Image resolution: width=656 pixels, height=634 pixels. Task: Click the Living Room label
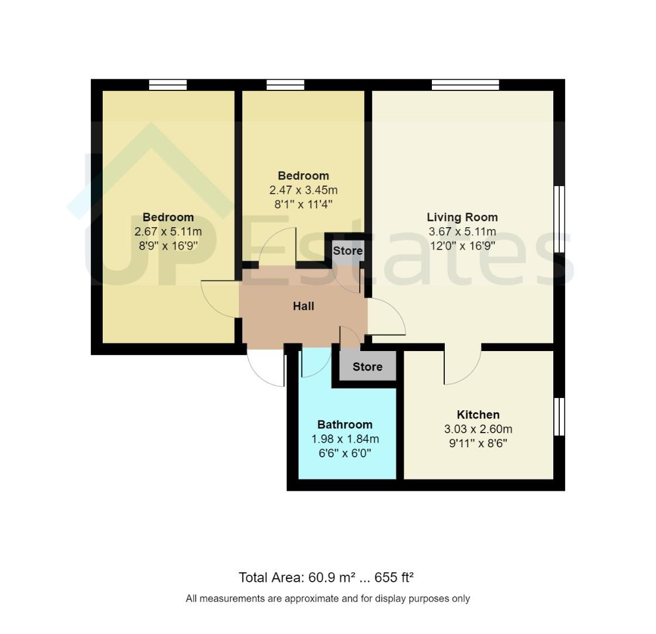point(462,217)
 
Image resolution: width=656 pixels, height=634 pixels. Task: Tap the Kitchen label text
point(478,415)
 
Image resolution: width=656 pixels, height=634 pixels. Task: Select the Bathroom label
point(344,424)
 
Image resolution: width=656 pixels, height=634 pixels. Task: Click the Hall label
point(303,306)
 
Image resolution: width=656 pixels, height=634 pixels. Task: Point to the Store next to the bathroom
point(367,367)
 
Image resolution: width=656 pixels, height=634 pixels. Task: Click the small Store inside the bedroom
point(347,251)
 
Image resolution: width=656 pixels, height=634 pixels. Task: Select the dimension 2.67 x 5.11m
point(168,231)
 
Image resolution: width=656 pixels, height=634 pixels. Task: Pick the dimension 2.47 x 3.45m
point(303,190)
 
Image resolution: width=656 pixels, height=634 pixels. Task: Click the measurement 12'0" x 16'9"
point(462,245)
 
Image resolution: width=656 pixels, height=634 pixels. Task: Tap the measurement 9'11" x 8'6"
point(478,443)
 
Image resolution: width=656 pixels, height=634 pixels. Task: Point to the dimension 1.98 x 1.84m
point(344,439)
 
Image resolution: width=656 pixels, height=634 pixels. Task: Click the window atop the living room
point(465,85)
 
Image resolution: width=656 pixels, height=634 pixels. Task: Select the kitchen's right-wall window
point(559,417)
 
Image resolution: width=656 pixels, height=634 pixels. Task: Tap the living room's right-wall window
point(559,219)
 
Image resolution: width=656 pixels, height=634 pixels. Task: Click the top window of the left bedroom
point(168,85)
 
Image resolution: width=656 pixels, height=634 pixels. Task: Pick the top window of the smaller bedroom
point(285,85)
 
